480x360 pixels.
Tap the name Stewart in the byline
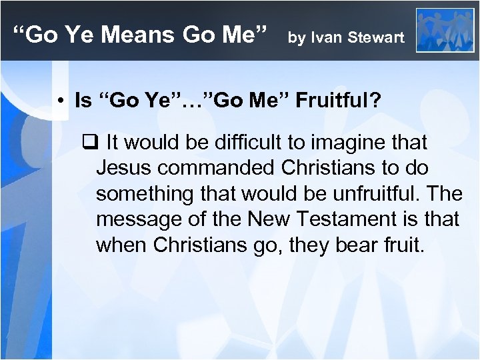click(x=376, y=37)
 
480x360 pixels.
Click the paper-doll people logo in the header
click(x=445, y=30)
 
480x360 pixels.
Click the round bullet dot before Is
click(x=60, y=102)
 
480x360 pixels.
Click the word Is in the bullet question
click(x=83, y=101)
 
